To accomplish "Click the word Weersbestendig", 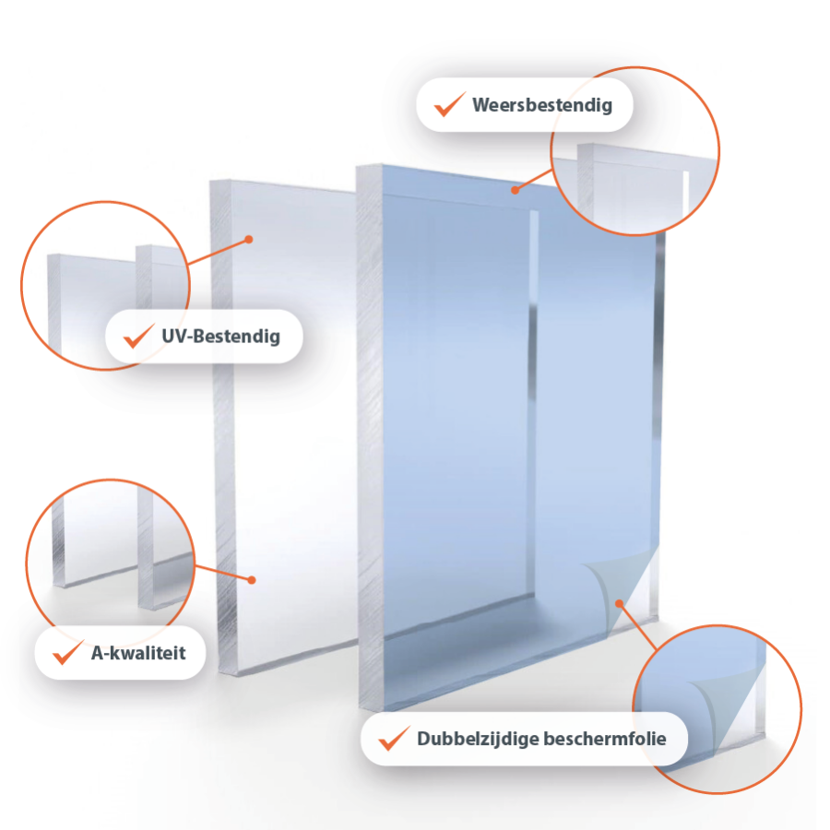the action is (542, 105).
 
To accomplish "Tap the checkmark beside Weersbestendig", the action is (449, 103).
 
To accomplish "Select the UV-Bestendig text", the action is (220, 336).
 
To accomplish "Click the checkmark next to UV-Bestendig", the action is (138, 336).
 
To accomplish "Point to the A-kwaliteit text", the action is (138, 653).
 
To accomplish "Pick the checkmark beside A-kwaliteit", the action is (67, 652).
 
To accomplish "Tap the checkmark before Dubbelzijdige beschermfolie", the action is (394, 738).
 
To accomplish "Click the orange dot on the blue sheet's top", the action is (515, 190).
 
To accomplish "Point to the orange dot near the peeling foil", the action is (619, 603).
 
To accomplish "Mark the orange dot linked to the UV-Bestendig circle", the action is (249, 240).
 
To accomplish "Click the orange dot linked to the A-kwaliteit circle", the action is (252, 580).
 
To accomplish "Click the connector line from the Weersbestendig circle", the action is (534, 180).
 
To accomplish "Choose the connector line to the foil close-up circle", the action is (638, 627).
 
